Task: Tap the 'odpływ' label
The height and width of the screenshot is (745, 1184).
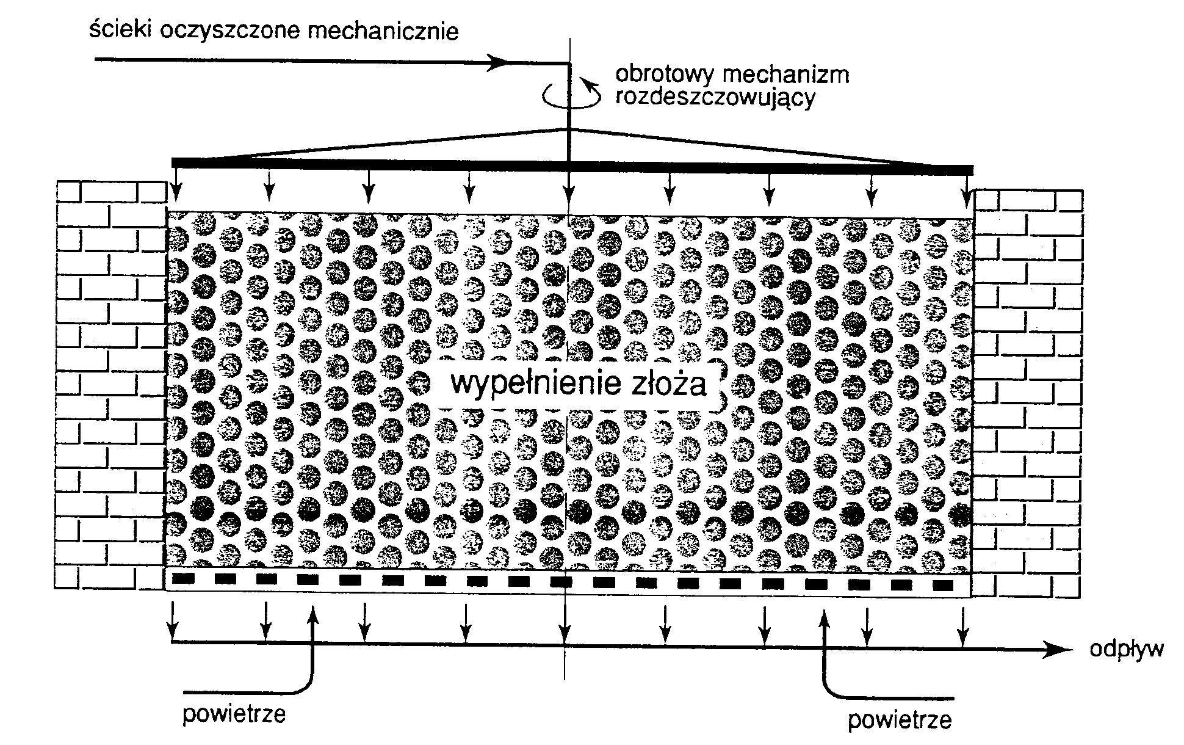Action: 1126,649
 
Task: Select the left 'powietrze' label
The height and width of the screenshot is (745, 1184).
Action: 234,714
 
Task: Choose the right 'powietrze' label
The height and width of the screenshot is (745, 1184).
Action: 900,720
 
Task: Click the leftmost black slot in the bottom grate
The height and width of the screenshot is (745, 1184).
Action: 183,579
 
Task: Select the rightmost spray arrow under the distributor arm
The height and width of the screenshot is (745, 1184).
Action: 966,195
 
